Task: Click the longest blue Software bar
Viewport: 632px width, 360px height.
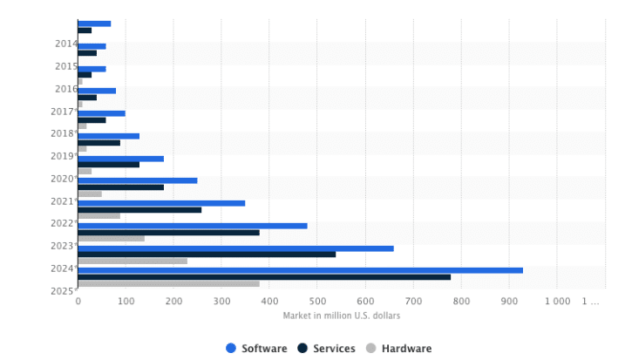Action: pos(300,270)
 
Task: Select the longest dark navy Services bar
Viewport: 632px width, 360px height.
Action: pos(264,277)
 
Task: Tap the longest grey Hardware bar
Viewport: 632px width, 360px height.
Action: pos(168,283)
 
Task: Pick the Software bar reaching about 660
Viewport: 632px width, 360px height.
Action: pos(235,248)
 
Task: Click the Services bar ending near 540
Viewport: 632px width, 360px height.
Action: pos(207,255)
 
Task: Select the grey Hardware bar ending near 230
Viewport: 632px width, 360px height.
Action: pos(133,261)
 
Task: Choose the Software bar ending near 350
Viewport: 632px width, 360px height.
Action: pos(161,203)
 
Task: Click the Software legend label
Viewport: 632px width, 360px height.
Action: pos(264,349)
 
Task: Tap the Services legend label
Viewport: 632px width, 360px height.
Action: pos(334,349)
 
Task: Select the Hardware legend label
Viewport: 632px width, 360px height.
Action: pos(406,349)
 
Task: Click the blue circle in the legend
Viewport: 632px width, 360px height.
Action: pos(231,349)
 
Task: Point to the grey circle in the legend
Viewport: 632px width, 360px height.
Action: pos(370,349)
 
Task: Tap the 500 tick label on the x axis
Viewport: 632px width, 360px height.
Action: pos(318,302)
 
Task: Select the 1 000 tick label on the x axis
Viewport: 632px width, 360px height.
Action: pos(557,302)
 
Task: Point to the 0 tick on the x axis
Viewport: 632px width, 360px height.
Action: pos(78,302)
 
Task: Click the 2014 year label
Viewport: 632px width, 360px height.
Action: pos(65,44)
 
